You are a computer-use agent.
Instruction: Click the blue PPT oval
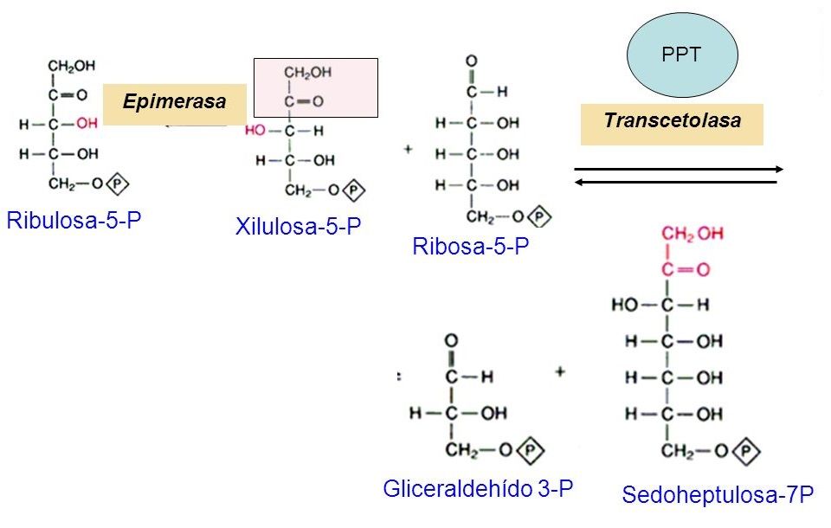tap(682, 54)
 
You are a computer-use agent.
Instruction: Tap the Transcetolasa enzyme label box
tap(672, 125)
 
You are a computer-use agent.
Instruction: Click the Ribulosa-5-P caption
tap(74, 220)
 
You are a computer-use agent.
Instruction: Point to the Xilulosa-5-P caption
tap(298, 227)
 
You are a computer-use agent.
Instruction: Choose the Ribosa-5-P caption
tap(471, 246)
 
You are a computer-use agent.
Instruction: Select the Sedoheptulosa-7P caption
tap(717, 494)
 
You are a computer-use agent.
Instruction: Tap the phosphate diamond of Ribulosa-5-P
tap(118, 184)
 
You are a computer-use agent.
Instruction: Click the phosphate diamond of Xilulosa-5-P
tap(353, 190)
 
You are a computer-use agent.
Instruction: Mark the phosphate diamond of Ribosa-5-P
tap(539, 216)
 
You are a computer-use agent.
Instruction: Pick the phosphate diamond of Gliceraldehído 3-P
tap(531, 451)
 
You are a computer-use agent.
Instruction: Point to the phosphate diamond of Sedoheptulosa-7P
tap(747, 452)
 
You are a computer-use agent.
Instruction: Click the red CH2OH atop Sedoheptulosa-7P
tap(692, 234)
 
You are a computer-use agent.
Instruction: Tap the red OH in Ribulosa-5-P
tap(87, 124)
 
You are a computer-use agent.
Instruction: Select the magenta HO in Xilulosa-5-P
tap(254, 130)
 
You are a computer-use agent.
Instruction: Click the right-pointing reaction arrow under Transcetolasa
tap(679, 169)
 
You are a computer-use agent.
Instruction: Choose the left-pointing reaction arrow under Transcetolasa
tap(676, 183)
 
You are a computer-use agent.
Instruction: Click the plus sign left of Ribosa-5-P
tap(408, 149)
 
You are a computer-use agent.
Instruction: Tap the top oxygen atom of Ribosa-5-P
tap(471, 61)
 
